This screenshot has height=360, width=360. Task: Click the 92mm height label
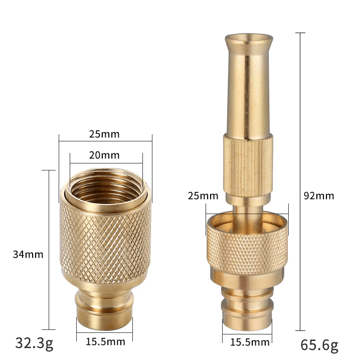coord(318,196)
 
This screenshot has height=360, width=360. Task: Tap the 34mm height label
coord(28,254)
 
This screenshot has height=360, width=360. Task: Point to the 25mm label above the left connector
coord(105,134)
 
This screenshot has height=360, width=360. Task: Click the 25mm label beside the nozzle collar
coord(203,196)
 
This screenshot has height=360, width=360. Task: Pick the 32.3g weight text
coord(34,343)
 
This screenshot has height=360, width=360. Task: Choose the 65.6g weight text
coord(319,345)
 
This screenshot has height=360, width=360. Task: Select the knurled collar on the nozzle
coord(247,246)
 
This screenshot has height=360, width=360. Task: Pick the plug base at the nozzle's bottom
coord(247,311)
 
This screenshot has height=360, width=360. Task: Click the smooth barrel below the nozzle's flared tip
coord(249,95)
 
